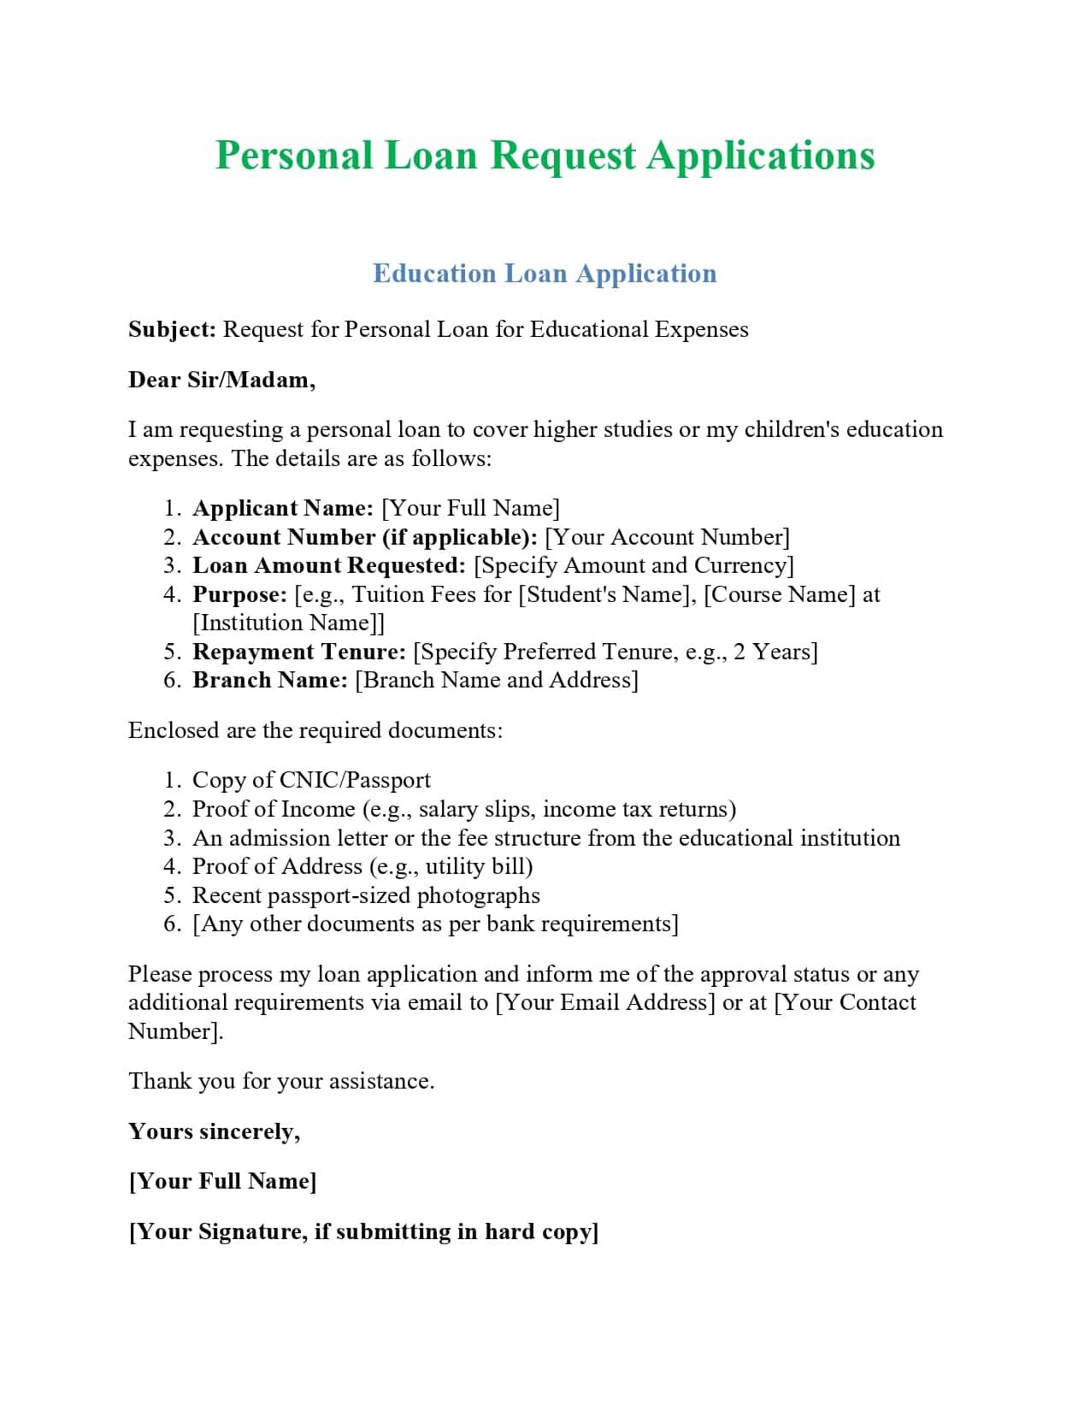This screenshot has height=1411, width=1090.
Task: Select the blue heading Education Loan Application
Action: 545,274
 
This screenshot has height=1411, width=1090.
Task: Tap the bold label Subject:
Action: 172,330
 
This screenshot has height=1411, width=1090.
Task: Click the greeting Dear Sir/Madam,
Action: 221,380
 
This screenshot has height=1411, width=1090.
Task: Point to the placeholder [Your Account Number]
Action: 667,537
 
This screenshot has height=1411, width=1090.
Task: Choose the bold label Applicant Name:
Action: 283,509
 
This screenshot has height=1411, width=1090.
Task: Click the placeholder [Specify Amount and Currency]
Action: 633,566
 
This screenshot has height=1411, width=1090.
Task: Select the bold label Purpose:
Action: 239,594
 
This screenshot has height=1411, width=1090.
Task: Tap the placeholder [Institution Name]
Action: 286,623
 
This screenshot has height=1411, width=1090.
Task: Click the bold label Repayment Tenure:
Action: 299,652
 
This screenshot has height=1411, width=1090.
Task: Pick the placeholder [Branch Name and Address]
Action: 496,681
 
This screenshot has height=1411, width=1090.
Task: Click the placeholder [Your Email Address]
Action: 605,1002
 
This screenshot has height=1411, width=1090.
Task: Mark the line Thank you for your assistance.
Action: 281,1082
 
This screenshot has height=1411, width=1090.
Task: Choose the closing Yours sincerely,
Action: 214,1131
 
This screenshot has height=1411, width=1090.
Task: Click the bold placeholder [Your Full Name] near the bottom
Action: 222,1182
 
